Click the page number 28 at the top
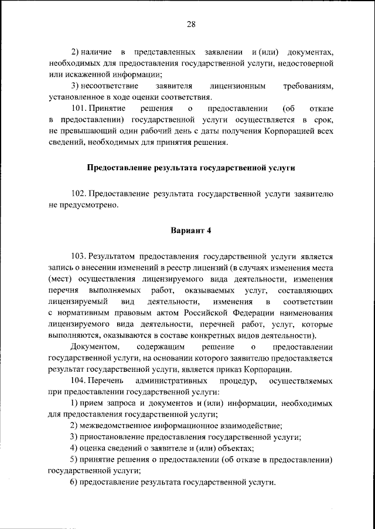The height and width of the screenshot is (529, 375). [x=191, y=24]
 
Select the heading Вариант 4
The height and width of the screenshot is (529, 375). [x=190, y=229]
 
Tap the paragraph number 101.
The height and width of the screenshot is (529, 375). [x=80, y=108]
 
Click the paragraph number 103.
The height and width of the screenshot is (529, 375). [x=80, y=257]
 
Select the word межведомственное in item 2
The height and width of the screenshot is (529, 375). [x=115, y=426]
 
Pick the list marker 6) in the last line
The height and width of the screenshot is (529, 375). [x=74, y=481]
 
